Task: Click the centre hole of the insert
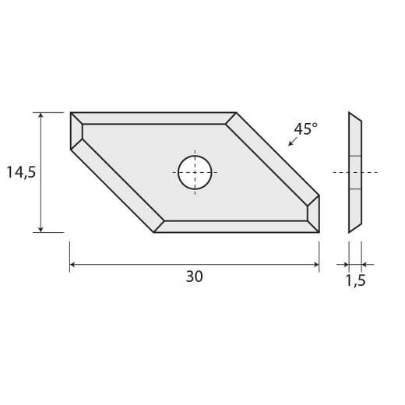[195, 172]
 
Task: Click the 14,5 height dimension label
[21, 173]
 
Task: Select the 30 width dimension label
[195, 278]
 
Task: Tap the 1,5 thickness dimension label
[355, 280]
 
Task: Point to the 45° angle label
[305, 129]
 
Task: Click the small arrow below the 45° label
[292, 143]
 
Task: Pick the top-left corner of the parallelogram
[71, 113]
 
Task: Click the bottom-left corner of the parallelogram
[154, 232]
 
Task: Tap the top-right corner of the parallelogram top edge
[236, 113]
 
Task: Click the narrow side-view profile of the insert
[355, 172]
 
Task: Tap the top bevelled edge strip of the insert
[156, 118]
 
